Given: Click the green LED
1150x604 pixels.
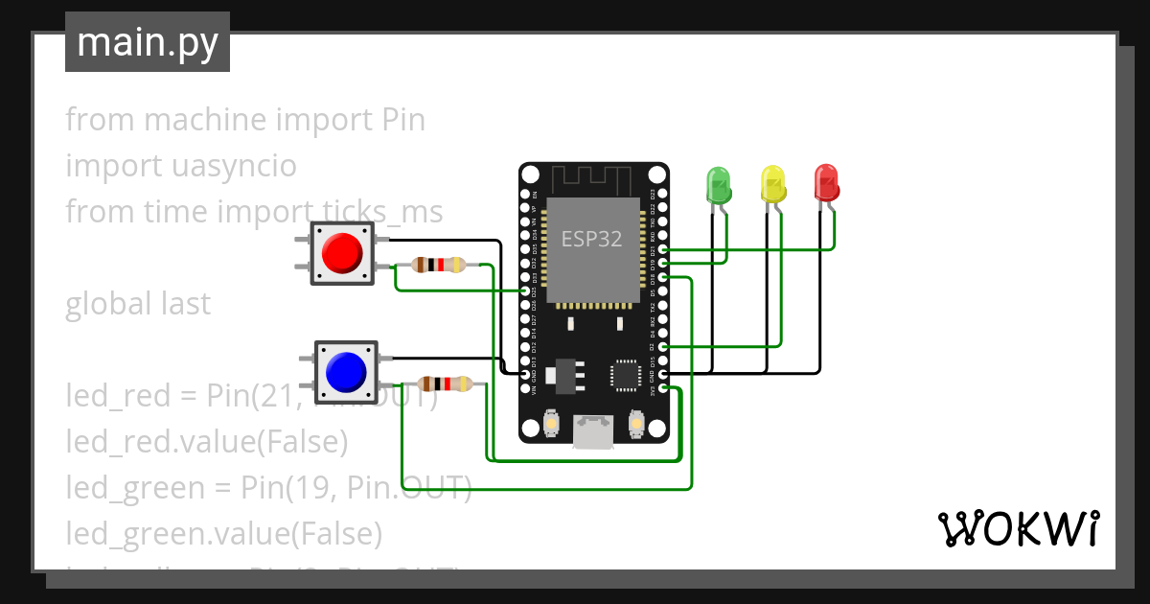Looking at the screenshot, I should point(718,183).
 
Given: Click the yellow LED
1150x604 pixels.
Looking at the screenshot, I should point(772,183).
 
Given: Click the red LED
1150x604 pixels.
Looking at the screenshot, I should point(825,182).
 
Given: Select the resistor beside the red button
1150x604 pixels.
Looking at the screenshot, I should point(437,265).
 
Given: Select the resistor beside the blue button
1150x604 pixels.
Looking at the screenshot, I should point(447,384).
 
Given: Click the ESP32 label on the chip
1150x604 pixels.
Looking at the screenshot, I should point(591,240).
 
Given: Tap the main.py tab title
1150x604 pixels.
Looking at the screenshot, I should point(148,42).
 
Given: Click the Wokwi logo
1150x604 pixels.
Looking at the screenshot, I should point(1017,528).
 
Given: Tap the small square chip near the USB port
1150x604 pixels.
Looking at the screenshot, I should point(625,375).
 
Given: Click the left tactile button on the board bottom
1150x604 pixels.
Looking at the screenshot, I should point(552,422).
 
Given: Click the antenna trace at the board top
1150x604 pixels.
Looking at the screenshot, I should point(592,180).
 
